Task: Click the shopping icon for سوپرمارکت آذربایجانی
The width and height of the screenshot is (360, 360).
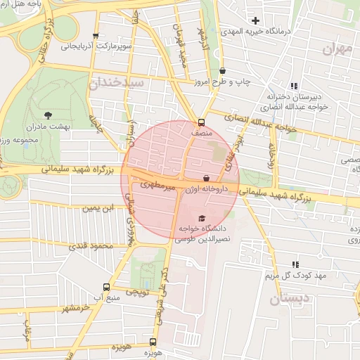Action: tap(96, 35)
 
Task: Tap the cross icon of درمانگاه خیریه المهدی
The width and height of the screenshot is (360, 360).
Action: tap(256, 20)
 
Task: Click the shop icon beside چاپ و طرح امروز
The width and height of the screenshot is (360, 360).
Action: tap(223, 70)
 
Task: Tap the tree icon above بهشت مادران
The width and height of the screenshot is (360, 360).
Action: tap(48, 114)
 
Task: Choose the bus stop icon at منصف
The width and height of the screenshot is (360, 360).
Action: tap(202, 121)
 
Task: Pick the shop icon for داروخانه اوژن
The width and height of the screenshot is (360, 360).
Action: tap(206, 179)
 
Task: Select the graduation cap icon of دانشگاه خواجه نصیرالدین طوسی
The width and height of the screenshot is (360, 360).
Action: tap(203, 219)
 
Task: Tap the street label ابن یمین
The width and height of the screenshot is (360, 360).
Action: tap(98, 207)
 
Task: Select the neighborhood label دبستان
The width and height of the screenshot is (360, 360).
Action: tap(288, 298)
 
